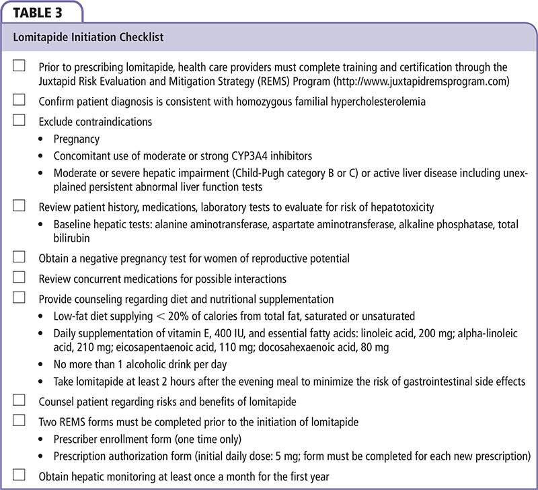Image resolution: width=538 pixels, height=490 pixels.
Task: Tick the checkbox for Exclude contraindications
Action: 19,121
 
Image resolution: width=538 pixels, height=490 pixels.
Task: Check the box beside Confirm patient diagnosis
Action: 19,100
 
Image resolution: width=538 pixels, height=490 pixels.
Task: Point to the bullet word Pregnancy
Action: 77,139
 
